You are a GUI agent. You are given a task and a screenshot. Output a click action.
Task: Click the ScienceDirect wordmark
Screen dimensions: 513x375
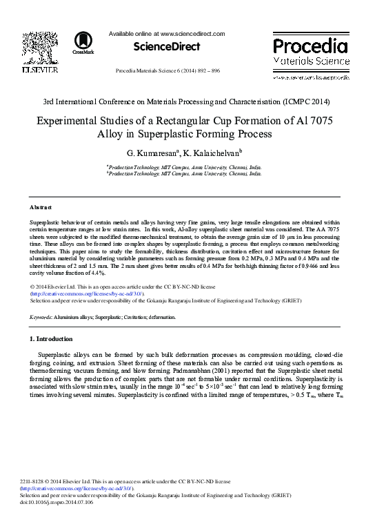tap(165, 47)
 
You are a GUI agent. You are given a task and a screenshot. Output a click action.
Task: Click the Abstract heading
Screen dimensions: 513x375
tap(41, 207)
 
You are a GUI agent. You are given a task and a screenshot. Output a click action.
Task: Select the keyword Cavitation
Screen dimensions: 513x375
tap(143, 317)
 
